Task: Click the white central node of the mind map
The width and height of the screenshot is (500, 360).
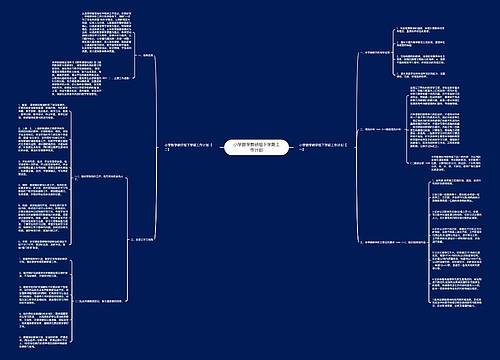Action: [250, 145]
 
